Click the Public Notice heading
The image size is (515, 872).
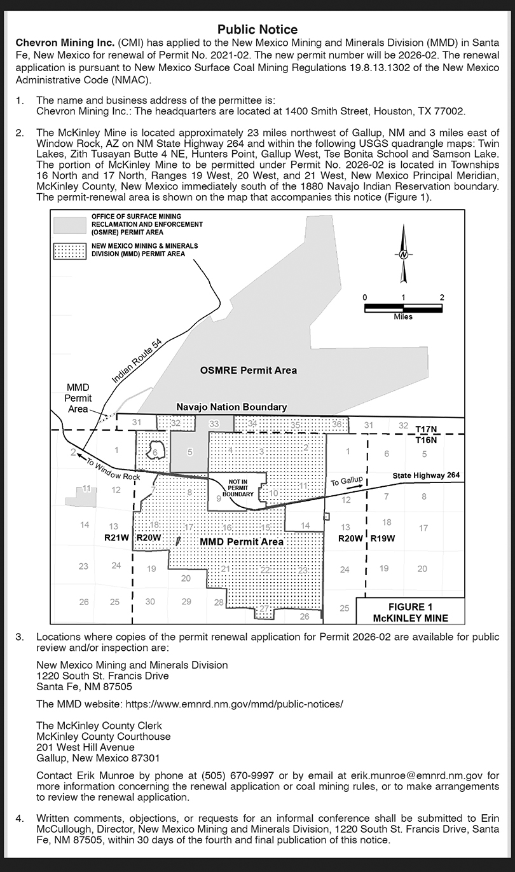(257, 29)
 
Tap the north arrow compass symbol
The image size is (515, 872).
(403, 254)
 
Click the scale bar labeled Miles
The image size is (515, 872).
(403, 308)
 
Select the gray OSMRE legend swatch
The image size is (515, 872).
(69, 225)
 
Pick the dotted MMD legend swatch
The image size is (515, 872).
(69, 250)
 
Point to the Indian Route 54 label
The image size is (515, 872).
(137, 361)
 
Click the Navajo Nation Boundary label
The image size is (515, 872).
(231, 407)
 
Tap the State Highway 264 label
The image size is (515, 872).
(425, 475)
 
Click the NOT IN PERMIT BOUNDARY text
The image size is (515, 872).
(238, 487)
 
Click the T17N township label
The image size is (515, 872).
(426, 430)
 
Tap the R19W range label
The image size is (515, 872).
(383, 538)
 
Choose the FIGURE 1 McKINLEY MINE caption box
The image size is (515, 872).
(410, 612)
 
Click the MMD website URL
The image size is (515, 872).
(235, 704)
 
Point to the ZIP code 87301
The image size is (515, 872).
(144, 758)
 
